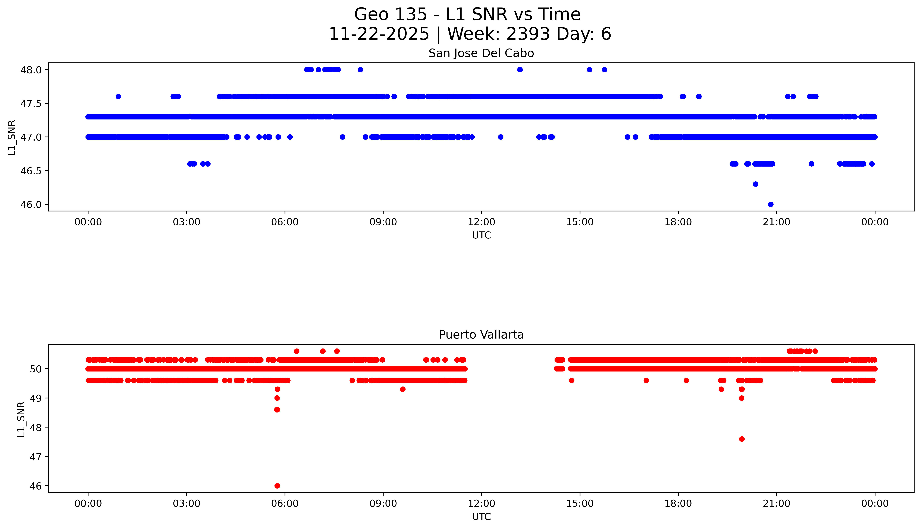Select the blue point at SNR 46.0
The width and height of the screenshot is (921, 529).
pos(771,204)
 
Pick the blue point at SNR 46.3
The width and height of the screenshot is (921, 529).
pos(756,184)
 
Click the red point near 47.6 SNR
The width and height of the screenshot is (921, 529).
pos(742,439)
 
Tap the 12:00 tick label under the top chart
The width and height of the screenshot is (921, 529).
pos(481,222)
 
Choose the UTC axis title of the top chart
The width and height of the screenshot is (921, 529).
pos(481,235)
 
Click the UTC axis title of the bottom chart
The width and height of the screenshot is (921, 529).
pos(481,517)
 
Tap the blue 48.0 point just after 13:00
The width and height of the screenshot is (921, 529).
pos(520,70)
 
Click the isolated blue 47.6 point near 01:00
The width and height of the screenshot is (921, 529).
pos(118,97)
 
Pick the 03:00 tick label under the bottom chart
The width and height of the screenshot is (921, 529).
pos(187,504)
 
